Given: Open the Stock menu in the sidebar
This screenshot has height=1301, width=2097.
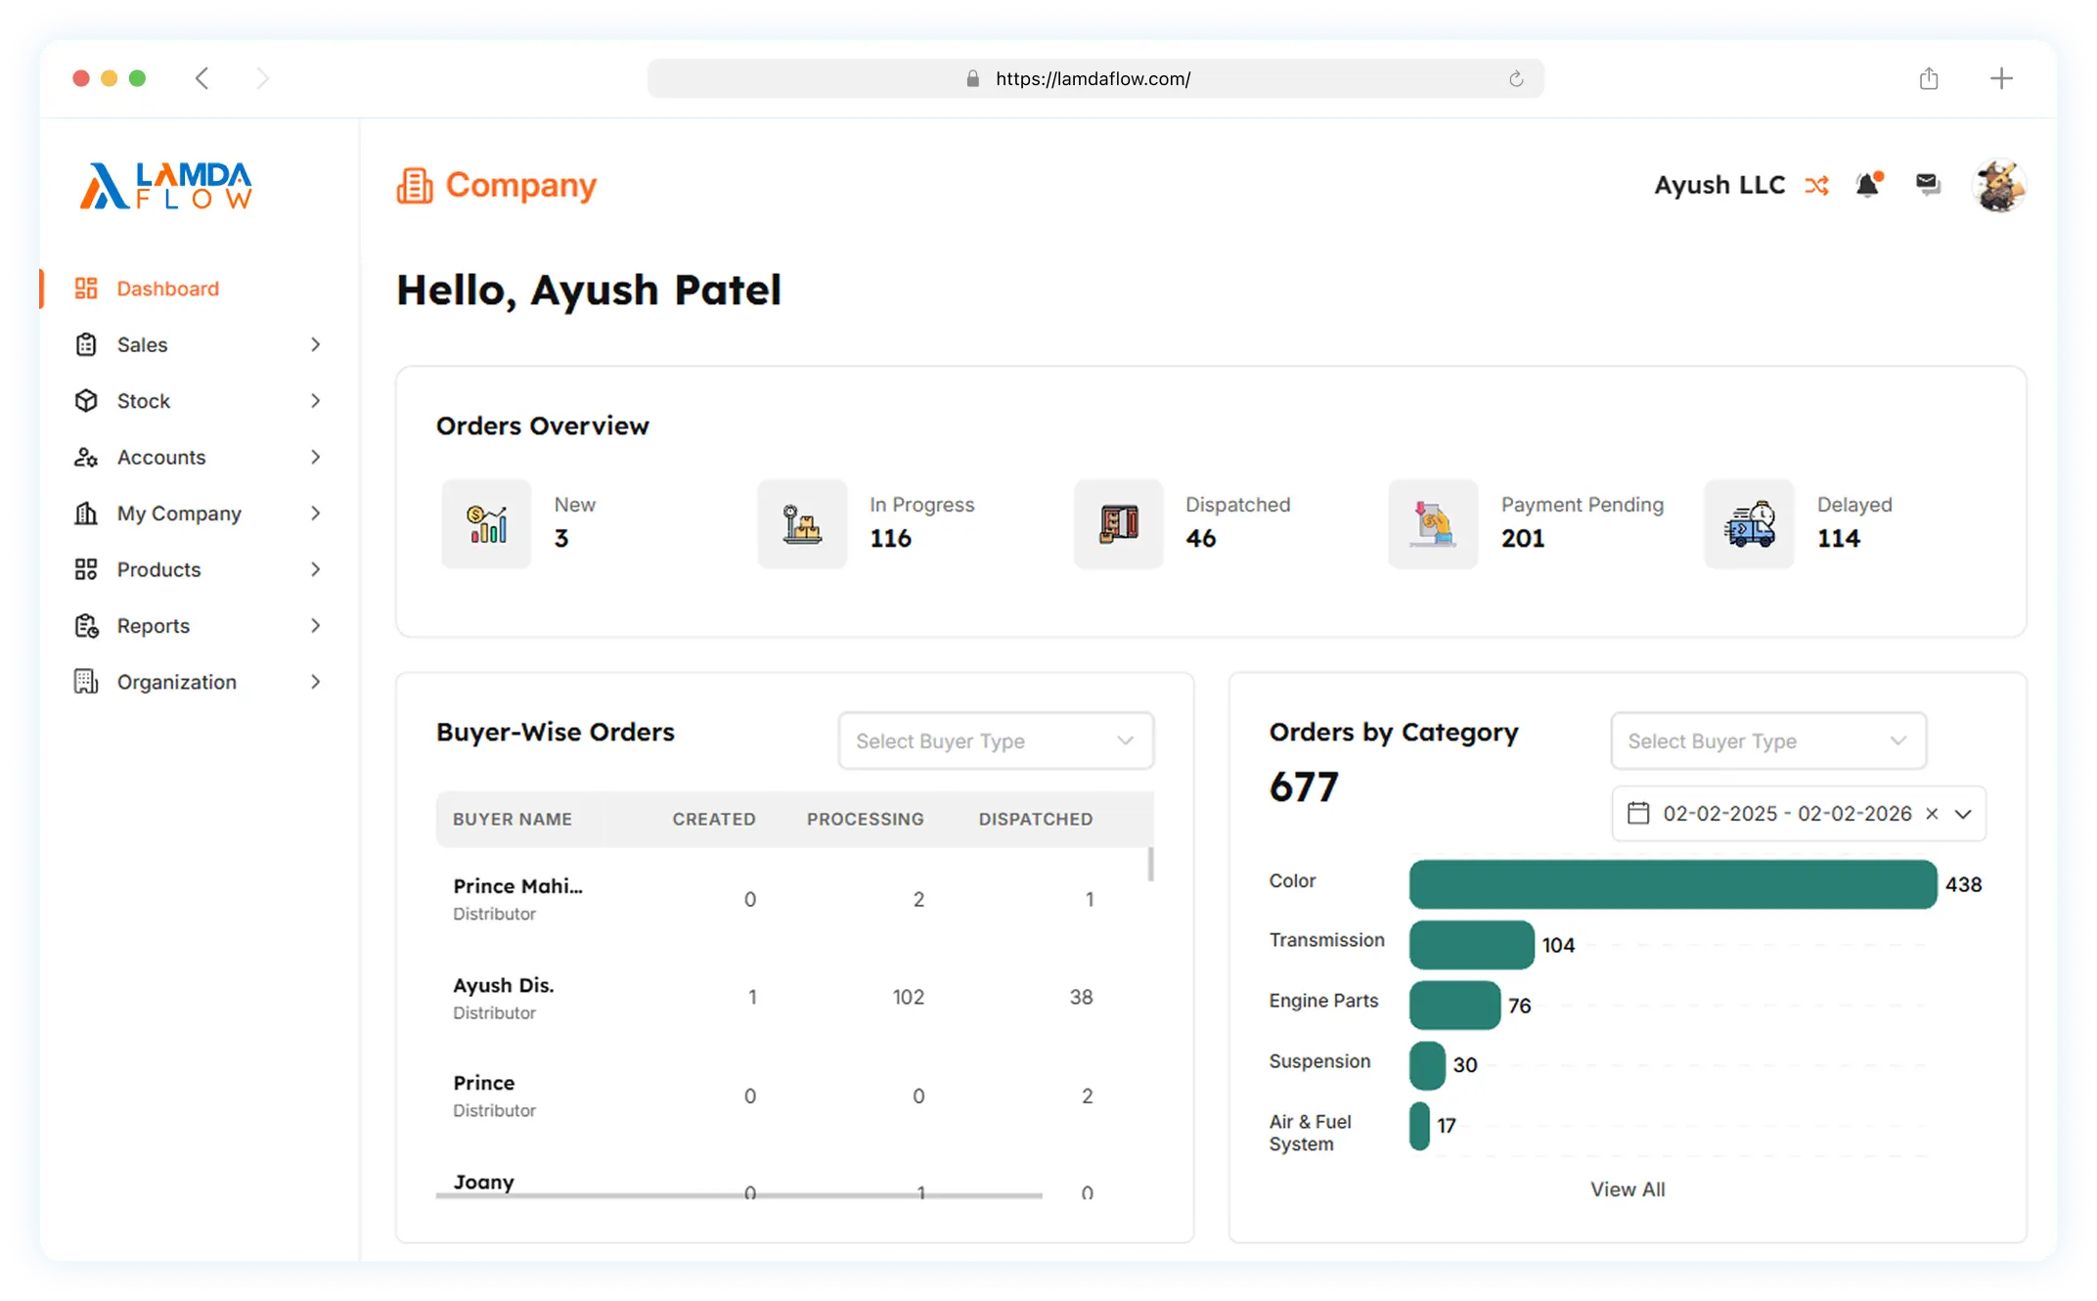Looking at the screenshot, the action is (143, 401).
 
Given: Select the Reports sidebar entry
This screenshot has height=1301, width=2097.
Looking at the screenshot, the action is (153, 626).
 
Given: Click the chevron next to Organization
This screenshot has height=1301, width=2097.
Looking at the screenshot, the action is (315, 682).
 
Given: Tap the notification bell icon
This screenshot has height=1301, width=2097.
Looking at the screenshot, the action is (1869, 184).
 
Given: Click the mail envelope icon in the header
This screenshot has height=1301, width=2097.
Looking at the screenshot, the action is (1928, 184).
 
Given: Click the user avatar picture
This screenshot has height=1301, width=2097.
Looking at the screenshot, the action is (1998, 185).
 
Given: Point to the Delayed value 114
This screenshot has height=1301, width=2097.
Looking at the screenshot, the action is (1839, 539).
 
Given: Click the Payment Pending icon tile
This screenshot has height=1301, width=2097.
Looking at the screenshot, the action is (1433, 523).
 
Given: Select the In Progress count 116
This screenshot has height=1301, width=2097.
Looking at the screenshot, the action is (890, 539).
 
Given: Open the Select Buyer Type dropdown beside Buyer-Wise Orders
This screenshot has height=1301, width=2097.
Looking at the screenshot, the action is (996, 741).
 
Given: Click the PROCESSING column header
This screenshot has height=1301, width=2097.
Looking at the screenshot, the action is (865, 820).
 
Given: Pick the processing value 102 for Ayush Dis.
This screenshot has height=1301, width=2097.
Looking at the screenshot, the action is (908, 998).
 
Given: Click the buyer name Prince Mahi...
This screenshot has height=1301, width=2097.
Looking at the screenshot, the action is (517, 886).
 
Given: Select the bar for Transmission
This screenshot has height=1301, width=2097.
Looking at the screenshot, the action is (1471, 945).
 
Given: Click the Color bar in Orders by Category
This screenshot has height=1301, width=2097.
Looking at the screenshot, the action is (1673, 884).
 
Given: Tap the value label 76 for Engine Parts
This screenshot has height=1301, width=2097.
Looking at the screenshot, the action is (1519, 1006).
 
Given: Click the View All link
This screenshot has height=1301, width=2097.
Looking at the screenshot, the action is (1628, 1189).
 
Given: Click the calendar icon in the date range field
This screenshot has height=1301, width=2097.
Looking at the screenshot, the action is (1638, 814).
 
